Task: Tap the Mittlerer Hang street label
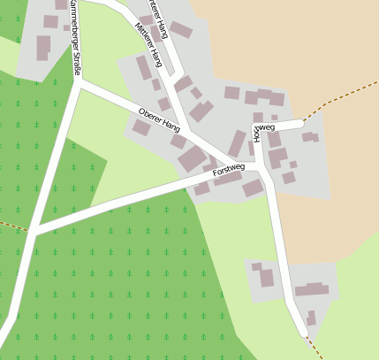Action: click(149, 43)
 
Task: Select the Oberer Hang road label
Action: click(160, 120)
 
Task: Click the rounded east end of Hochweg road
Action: click(303, 123)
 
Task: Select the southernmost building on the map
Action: click(311, 318)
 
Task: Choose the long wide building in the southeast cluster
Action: click(311, 289)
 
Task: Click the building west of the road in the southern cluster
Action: click(266, 278)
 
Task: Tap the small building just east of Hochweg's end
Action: click(308, 137)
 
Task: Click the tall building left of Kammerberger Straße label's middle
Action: click(42, 48)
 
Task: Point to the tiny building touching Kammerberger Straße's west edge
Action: click(66, 27)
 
